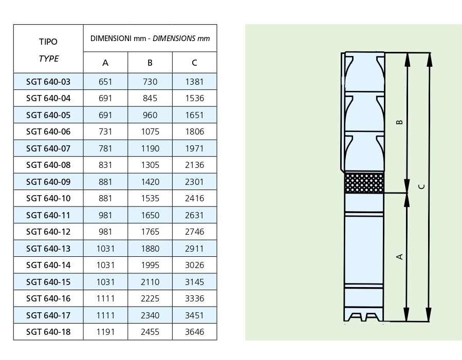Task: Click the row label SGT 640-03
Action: [x=48, y=82]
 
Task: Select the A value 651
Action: [x=105, y=82]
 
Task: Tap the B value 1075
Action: [x=150, y=131]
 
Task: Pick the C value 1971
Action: [x=194, y=148]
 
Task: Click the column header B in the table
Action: [x=150, y=63]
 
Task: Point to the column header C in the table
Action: [x=194, y=63]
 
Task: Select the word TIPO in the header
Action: [x=48, y=42]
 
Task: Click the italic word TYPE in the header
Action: [x=49, y=59]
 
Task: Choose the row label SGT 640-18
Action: [x=48, y=332]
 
